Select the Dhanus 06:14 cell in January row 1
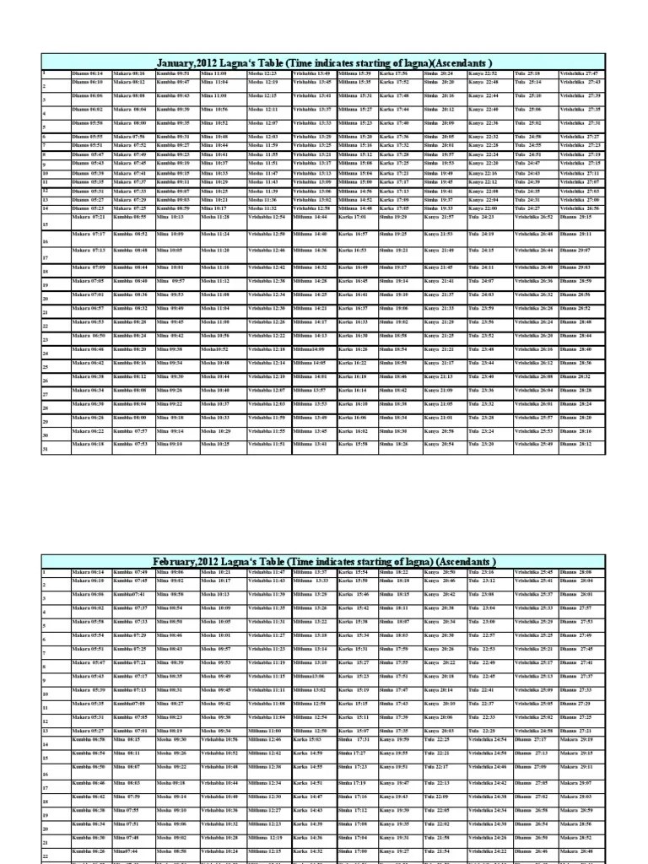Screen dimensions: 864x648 pos(88,74)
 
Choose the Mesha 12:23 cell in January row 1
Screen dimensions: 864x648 pos(263,74)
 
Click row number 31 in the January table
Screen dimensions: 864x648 pos(46,449)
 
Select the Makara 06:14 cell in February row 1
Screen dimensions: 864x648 pos(88,572)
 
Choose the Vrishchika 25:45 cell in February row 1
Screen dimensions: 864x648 pos(533,572)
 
